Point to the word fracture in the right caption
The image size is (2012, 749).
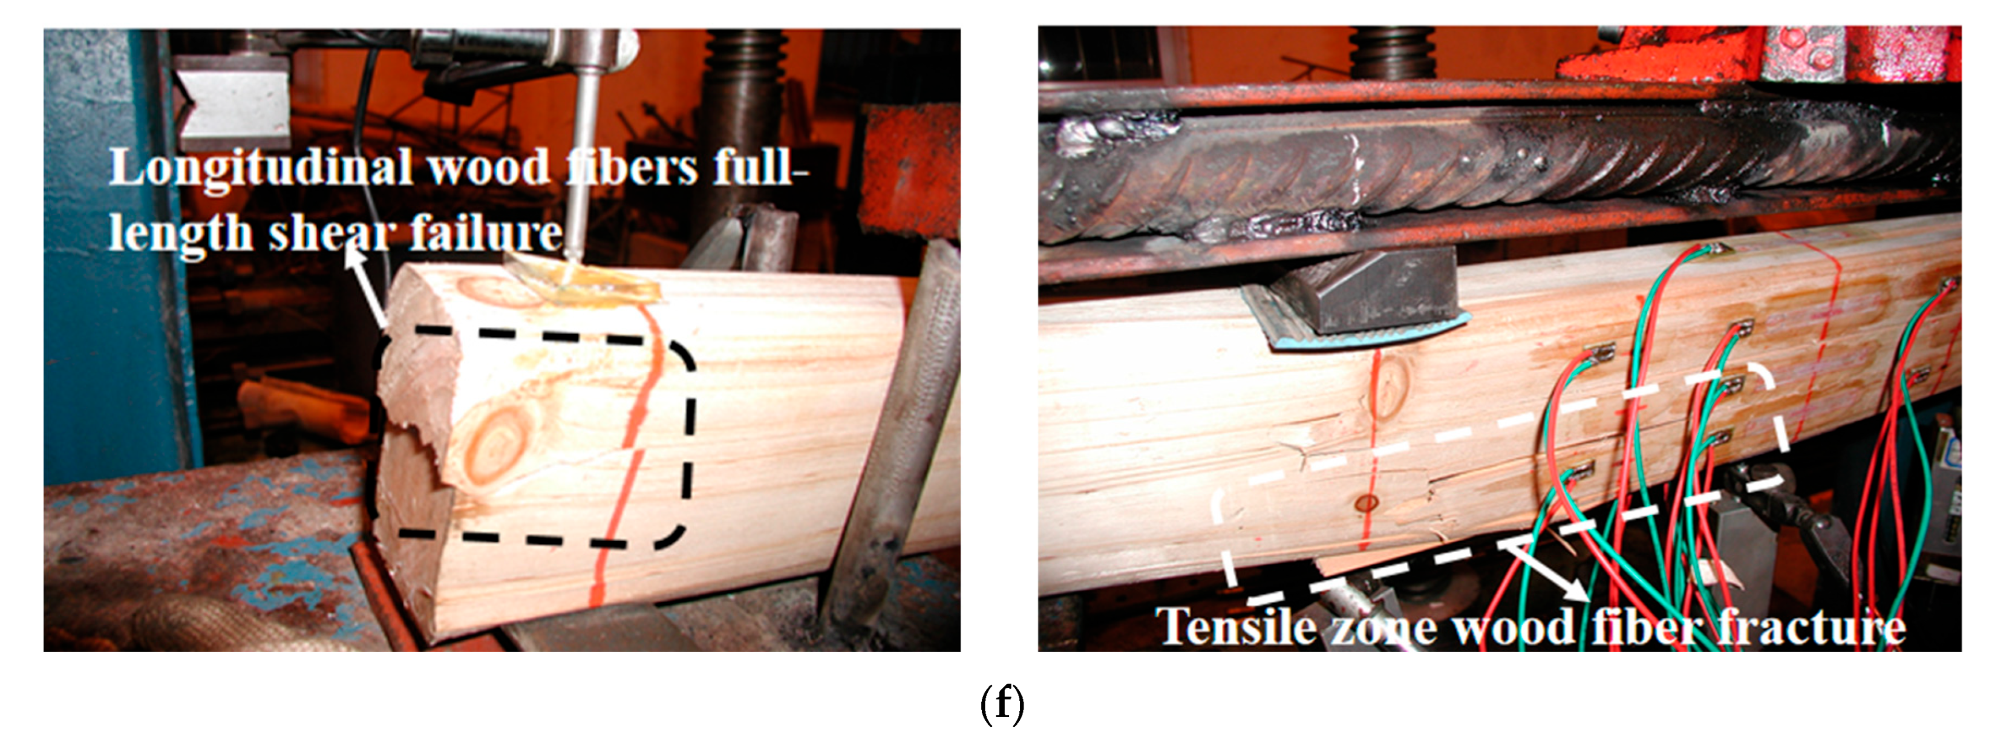pos(1806,626)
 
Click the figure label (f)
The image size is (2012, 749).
pos(1002,704)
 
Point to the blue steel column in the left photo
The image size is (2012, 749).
pos(117,258)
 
